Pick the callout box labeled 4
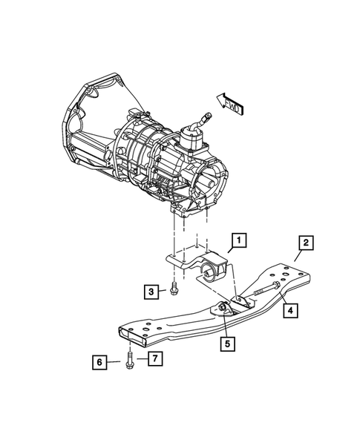(x=292, y=311)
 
